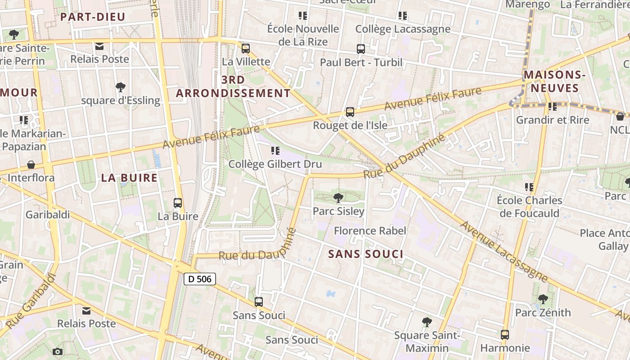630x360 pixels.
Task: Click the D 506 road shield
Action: click(200, 279)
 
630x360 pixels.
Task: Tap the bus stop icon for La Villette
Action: click(246, 49)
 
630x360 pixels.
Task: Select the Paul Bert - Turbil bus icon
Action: click(361, 49)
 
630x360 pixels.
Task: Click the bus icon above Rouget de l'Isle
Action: click(350, 112)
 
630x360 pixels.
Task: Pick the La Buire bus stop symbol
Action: click(178, 203)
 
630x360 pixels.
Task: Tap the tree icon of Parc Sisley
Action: click(338, 198)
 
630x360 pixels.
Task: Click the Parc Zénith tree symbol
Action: click(543, 299)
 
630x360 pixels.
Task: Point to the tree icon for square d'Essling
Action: click(120, 87)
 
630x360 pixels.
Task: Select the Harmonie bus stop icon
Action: click(505, 335)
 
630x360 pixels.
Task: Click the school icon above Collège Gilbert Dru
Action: click(275, 151)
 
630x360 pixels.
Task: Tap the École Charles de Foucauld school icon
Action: click(530, 187)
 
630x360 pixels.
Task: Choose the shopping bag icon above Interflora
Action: click(31, 165)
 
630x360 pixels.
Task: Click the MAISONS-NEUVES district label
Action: click(554, 81)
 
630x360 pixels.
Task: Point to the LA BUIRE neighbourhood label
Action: click(129, 178)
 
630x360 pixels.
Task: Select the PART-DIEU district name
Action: click(93, 17)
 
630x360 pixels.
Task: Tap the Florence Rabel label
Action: click(370, 231)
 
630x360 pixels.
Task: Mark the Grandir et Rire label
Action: click(552, 120)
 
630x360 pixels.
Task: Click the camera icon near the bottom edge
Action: click(58, 351)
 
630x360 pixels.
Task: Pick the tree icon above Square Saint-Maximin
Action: click(427, 322)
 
